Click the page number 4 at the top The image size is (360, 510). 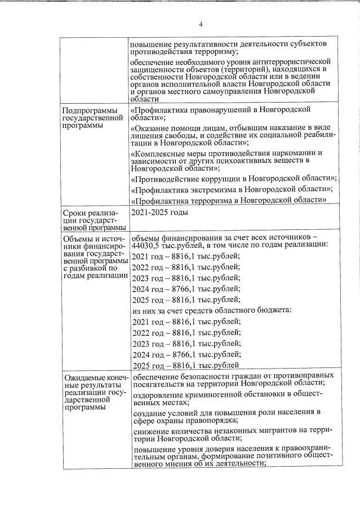tap(201, 23)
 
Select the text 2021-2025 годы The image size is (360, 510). tap(159, 212)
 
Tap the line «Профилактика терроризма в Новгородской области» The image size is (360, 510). tap(229, 200)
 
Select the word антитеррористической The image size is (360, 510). tap(289, 61)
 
